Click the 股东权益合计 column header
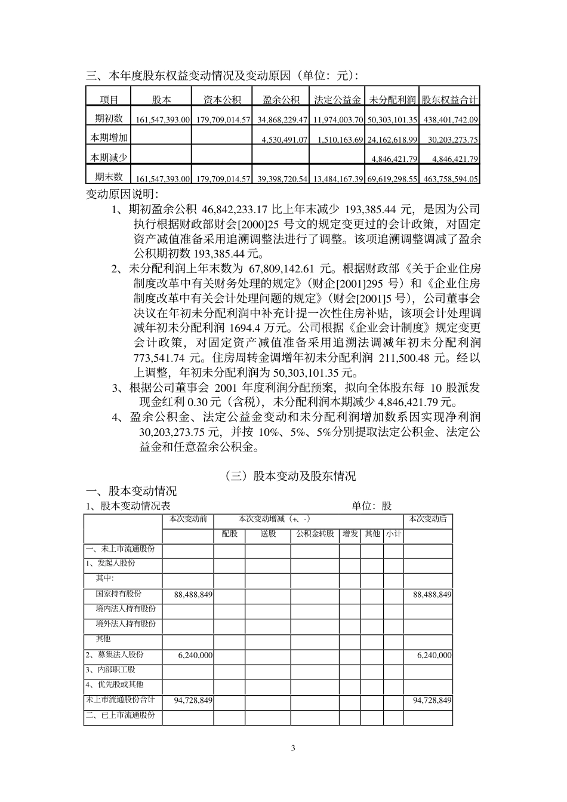click(451, 100)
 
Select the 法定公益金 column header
click(338, 100)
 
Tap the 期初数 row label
click(109, 118)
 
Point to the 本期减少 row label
click(109, 158)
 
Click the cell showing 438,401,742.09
click(451, 120)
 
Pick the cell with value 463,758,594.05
click(451, 179)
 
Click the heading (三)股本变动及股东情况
click(291, 476)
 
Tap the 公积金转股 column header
click(315, 534)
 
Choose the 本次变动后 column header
click(428, 519)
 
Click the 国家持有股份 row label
click(119, 594)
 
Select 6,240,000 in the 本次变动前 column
click(195, 655)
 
